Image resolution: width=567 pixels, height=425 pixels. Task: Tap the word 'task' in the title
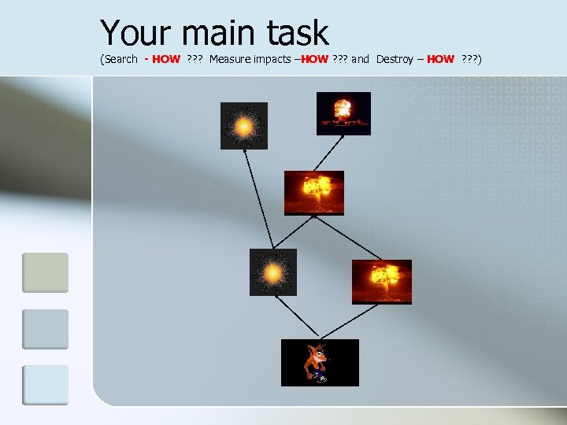(298, 33)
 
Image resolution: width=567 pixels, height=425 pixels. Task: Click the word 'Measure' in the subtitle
(234, 59)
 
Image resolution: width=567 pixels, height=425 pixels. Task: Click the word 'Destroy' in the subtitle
(395, 59)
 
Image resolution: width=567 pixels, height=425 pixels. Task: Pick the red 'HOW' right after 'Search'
(166, 59)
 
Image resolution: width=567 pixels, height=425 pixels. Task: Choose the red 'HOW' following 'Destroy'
(440, 59)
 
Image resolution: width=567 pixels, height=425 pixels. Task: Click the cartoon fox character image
(320, 363)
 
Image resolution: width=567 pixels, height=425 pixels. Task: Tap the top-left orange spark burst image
(243, 126)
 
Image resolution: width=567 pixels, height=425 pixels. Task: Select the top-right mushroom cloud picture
(343, 113)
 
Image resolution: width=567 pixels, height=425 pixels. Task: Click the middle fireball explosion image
(313, 193)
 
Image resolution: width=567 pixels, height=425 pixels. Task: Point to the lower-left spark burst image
(273, 272)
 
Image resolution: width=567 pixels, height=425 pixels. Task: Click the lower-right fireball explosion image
(381, 282)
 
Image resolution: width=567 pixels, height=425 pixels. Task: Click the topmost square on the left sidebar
(45, 272)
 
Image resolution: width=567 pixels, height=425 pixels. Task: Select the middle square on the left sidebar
(45, 329)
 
